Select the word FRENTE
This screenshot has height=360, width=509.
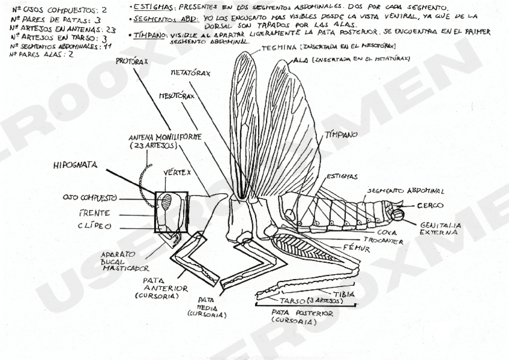[94, 212]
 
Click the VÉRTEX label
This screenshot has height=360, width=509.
[178, 172]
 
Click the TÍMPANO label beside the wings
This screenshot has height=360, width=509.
[341, 135]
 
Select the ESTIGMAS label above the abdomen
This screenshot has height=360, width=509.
[342, 176]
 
